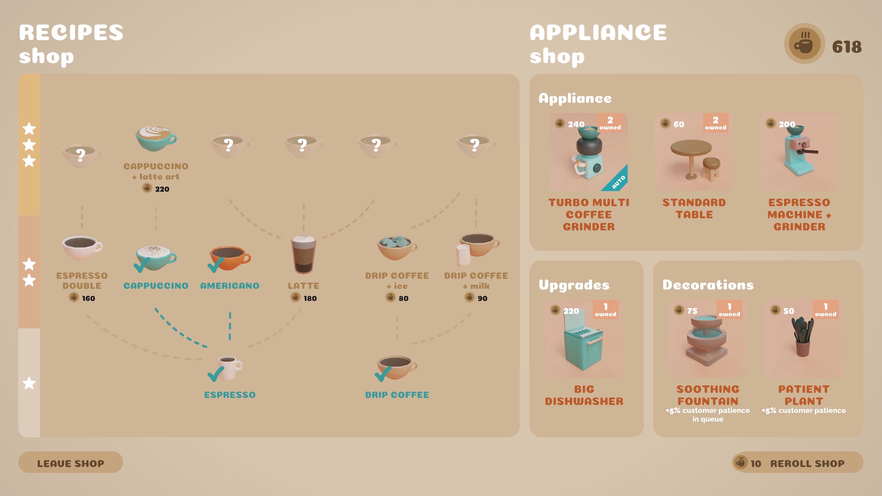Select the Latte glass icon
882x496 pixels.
tap(303, 254)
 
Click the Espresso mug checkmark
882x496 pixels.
tap(216, 374)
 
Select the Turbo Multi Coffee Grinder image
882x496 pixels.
tap(588, 152)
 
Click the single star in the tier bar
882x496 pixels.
tap(29, 383)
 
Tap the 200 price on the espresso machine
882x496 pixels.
tap(787, 124)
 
